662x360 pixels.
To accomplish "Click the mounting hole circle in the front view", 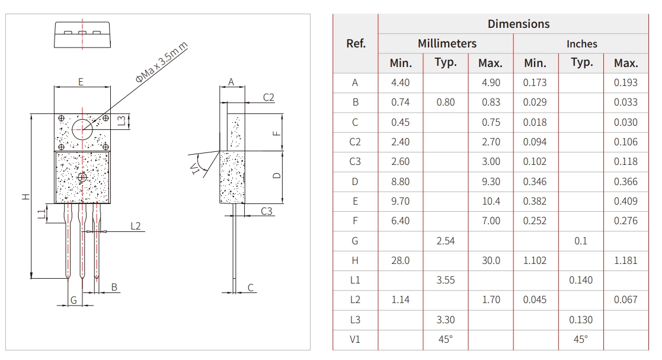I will point(82,129).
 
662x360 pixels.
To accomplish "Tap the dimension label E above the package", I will point(81,82).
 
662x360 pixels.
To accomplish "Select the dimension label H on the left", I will point(25,196).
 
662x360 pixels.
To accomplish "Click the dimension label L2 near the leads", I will point(136,226).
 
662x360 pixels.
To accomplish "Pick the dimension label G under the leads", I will point(73,300).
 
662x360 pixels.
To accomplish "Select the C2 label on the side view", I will point(268,97).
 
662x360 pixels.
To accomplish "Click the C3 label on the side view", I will point(267,211).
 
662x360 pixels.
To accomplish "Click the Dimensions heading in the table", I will point(518,24).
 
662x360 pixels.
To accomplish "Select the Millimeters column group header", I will point(446,44).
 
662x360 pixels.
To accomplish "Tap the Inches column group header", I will point(581,44).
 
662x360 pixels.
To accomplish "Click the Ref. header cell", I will point(356,44).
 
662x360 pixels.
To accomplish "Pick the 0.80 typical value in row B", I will point(446,102).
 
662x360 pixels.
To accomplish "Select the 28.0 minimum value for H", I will point(400,260).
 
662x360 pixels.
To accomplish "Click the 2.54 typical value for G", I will point(446,241).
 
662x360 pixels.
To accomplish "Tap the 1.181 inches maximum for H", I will point(625,260).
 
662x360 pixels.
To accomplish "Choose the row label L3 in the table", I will point(355,320).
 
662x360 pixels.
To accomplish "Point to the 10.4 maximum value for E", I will point(491,201).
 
